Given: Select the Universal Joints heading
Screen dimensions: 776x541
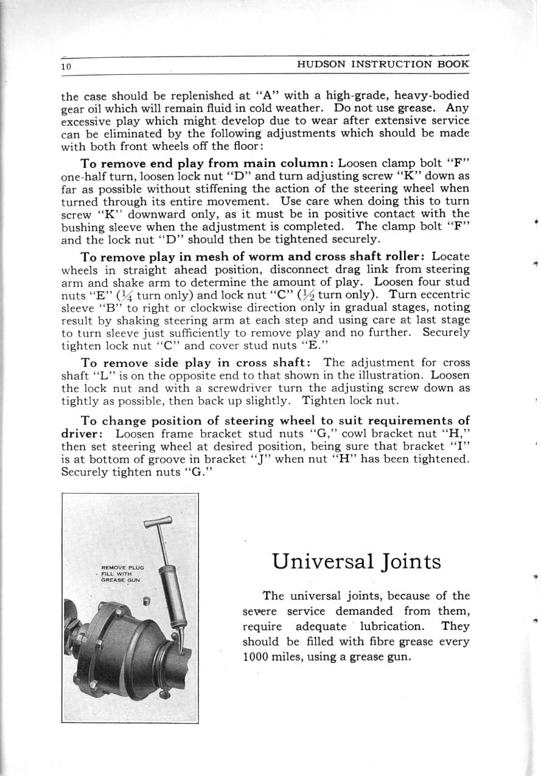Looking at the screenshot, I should pyautogui.click(x=357, y=561).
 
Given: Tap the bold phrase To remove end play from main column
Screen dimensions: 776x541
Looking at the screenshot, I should pyautogui.click(x=207, y=163).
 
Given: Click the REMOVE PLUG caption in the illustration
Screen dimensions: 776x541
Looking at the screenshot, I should pyautogui.click(x=122, y=567).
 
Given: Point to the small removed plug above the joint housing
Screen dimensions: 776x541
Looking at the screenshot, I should pyautogui.click(x=146, y=603).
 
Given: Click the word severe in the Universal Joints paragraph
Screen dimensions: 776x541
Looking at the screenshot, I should pyautogui.click(x=258, y=611).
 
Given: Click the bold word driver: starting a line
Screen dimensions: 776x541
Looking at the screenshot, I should pyautogui.click(x=85, y=434).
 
